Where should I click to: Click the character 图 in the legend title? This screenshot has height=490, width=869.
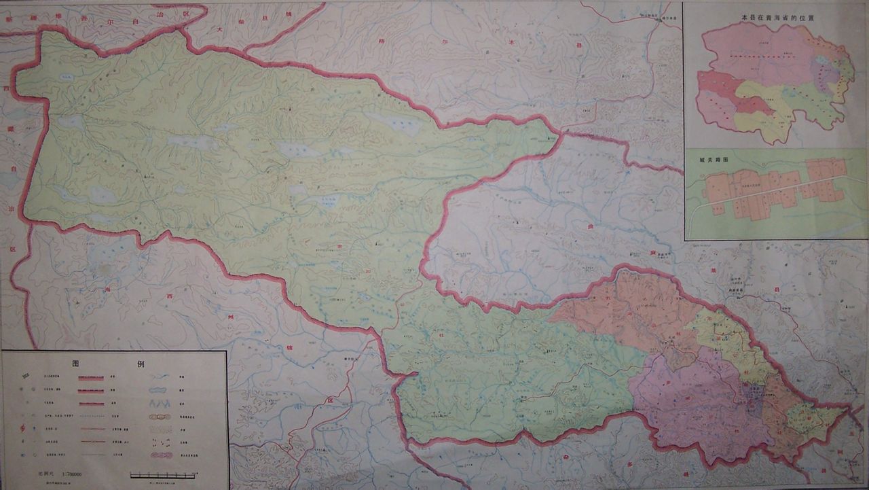(x=77, y=364)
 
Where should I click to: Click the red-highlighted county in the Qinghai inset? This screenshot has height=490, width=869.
(x=756, y=105)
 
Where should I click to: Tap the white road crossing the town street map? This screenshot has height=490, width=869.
(x=774, y=190)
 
